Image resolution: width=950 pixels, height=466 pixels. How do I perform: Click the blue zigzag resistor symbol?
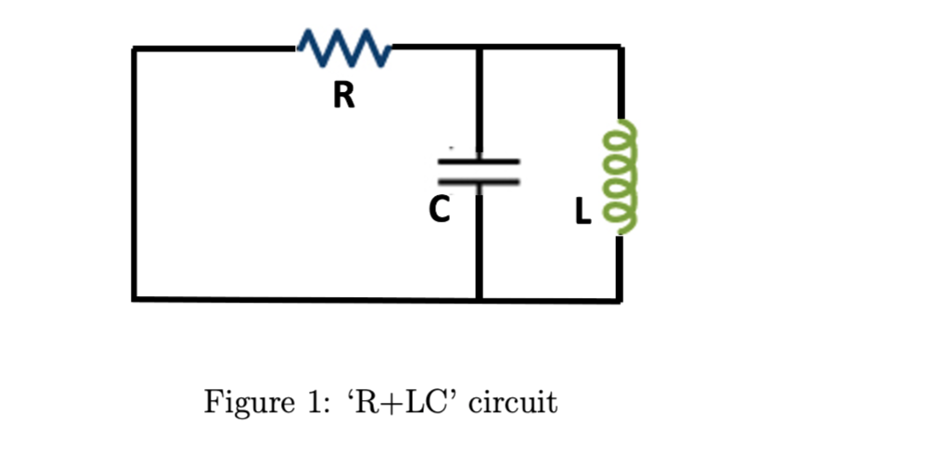click(x=344, y=47)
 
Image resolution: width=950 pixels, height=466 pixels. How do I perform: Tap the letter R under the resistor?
click(x=344, y=96)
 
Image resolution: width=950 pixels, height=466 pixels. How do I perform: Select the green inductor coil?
click(x=619, y=176)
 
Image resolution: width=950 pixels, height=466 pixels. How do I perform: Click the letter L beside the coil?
click(x=583, y=212)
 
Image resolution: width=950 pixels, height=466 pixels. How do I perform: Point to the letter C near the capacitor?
click(x=439, y=210)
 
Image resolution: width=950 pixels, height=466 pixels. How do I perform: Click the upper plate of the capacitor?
click(x=479, y=162)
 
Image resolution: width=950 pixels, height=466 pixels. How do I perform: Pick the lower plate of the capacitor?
click(x=479, y=181)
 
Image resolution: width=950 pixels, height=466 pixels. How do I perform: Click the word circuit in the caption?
click(x=512, y=402)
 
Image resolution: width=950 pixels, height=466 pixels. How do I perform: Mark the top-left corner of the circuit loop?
click(x=134, y=48)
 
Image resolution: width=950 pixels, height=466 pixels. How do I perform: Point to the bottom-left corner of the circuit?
click(x=134, y=299)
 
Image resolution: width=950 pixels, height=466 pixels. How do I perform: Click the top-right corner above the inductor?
click(x=621, y=46)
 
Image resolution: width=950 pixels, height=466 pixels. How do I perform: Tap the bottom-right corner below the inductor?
click(x=619, y=300)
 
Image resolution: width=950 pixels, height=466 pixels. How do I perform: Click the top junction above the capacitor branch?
click(x=480, y=47)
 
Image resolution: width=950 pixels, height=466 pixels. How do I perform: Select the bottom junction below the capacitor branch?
click(x=480, y=299)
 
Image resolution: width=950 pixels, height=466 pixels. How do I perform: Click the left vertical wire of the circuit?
click(x=134, y=174)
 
